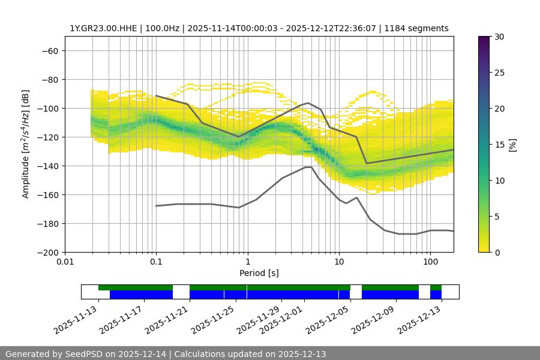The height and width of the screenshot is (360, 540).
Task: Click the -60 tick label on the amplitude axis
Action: (49, 50)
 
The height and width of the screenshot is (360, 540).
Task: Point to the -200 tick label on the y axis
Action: (47, 252)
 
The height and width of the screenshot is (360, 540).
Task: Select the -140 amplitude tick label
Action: (47, 166)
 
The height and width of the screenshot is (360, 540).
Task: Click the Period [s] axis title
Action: (259, 274)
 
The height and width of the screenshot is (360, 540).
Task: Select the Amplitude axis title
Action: (26, 144)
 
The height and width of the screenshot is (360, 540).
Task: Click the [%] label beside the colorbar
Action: (512, 145)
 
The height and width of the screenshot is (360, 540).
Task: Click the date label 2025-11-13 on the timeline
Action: (76, 320)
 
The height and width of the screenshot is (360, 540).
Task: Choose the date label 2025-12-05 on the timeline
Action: (328, 320)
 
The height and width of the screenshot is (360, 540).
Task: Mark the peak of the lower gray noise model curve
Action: (308, 167)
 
